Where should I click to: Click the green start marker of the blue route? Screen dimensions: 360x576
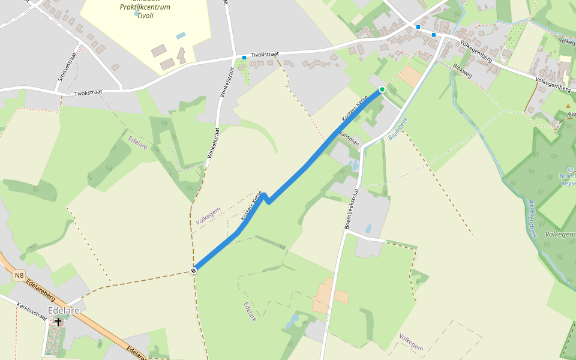pos(382,90)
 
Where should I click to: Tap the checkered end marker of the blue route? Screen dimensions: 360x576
pos(194,271)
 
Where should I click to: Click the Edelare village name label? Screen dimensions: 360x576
pos(64,311)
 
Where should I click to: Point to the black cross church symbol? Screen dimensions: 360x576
pos(58,322)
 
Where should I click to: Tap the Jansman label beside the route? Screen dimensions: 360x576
pos(349,139)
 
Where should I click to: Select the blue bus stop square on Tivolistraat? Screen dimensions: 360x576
pos(244,58)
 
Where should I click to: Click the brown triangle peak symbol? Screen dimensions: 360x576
pos(568,106)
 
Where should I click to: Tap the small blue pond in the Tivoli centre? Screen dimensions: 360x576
pos(181,35)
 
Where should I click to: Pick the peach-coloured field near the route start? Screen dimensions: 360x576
pos(410,76)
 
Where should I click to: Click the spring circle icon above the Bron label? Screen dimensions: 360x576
pos(571,170)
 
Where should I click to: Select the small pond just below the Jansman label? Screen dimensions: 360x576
pos(355,164)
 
